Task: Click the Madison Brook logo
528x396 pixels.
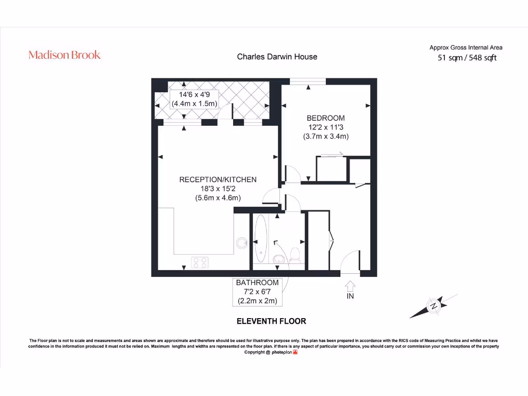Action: tap(64, 55)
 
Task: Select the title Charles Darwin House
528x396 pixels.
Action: tap(277, 57)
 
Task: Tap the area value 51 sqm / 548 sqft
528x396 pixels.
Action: tap(467, 58)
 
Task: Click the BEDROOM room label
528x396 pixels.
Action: tap(325, 118)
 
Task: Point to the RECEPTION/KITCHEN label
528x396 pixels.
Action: tap(218, 179)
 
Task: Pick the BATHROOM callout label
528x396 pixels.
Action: tap(257, 283)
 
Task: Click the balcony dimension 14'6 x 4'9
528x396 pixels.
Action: tap(194, 95)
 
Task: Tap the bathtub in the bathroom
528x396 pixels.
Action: tap(260, 240)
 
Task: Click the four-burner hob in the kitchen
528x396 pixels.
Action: tap(200, 262)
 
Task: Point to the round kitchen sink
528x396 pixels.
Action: tap(241, 242)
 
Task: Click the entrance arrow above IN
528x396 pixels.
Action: tap(350, 285)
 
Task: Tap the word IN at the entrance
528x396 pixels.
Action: tap(350, 296)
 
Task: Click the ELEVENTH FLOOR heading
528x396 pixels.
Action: tap(271, 321)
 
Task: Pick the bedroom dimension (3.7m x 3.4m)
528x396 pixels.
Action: tap(325, 137)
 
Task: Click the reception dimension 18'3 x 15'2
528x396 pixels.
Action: tap(218, 189)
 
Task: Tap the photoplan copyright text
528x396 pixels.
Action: tap(271, 352)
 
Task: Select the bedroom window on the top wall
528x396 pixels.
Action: tap(307, 81)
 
